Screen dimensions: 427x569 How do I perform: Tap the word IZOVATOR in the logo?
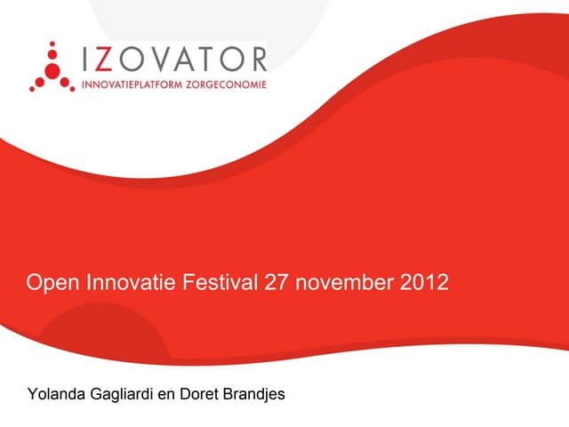coord(174,60)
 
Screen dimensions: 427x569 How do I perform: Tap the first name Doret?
coord(198,394)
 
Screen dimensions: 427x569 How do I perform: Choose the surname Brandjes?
coord(252,394)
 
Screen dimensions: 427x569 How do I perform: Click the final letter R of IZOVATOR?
coord(257,60)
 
